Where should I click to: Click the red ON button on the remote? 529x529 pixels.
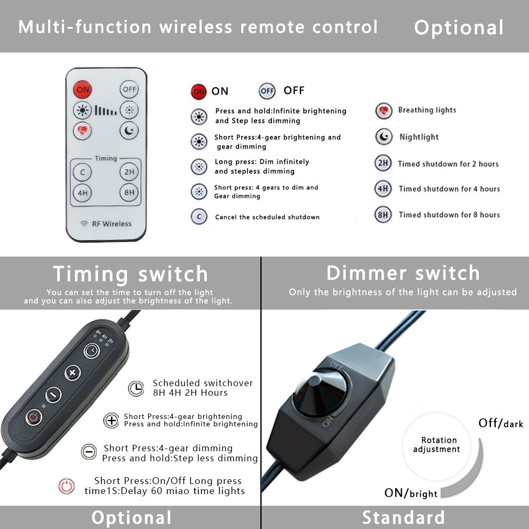coord(83,89)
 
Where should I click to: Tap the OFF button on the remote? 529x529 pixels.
coord(129,89)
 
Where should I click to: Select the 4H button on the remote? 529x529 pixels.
coord(83,193)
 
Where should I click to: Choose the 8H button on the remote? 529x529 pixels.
coord(129,193)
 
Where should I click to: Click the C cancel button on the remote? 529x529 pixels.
coord(83,172)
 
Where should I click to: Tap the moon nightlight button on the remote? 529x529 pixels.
coord(129,131)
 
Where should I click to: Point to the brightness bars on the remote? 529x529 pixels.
coord(106,111)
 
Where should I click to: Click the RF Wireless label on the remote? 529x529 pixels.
coord(112,224)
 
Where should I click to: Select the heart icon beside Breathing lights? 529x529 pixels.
coord(384,111)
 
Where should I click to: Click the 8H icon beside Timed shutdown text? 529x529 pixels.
coord(383,215)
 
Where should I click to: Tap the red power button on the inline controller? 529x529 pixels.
coord(34,417)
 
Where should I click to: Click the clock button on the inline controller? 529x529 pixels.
coord(92,351)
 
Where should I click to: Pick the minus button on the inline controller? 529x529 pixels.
coord(53,395)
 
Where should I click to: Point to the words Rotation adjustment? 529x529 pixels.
coord(436,445)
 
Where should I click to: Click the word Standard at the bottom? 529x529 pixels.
coord(404,517)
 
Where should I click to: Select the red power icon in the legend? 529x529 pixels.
coord(67,486)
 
